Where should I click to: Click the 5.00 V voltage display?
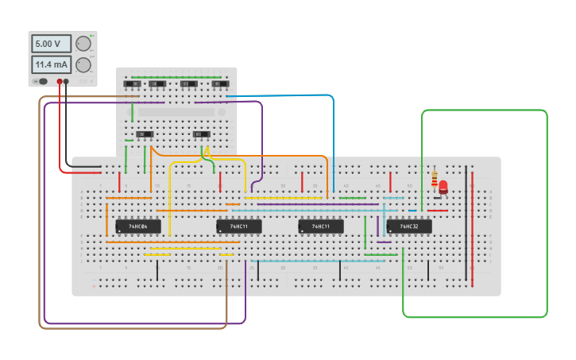50,45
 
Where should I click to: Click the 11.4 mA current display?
50,64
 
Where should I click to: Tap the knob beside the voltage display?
83,45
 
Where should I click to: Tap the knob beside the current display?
83,64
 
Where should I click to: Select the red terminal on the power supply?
60,81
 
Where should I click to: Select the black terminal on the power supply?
67,81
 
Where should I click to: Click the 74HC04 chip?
138,226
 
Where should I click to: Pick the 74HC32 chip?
409,226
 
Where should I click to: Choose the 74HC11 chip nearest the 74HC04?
239,226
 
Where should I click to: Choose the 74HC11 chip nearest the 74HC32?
321,226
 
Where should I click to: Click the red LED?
443,188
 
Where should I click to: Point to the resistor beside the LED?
434,180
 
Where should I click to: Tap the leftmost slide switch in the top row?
131,83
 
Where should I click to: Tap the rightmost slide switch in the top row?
219,83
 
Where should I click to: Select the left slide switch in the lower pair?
144,134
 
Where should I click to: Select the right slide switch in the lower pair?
202,134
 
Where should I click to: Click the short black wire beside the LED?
438,197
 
